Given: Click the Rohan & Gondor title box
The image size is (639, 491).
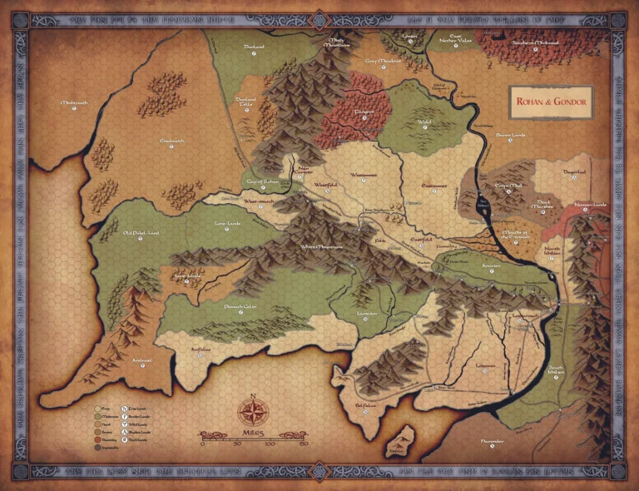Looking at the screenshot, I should click(x=549, y=102).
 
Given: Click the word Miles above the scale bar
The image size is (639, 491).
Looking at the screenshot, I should click(x=251, y=435).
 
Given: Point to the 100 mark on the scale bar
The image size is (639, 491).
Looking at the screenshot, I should click(x=269, y=444).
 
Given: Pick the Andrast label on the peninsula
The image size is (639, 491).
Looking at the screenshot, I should click(x=118, y=361).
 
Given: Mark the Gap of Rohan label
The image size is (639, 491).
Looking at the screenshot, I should click(x=259, y=181).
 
